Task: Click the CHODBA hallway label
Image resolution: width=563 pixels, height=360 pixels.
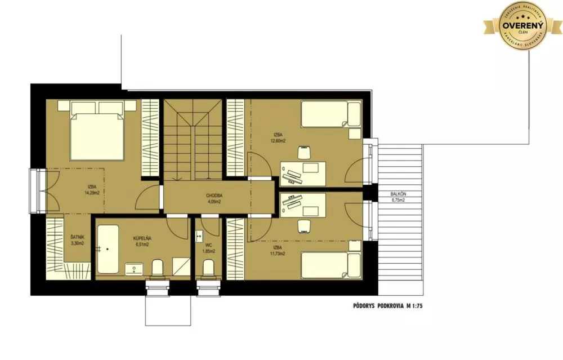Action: [215, 196]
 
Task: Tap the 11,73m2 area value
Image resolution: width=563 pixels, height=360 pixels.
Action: [277, 254]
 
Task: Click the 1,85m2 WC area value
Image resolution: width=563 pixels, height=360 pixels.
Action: [209, 251]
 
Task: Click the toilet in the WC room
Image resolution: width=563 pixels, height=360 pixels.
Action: [208, 268]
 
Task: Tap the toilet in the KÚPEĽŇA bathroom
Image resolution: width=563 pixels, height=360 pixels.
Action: [158, 267]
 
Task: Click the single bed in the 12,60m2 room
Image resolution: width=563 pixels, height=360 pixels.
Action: [330, 114]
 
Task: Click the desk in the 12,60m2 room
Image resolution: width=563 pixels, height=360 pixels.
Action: [303, 173]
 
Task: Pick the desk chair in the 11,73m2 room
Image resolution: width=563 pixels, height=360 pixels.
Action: [305, 225]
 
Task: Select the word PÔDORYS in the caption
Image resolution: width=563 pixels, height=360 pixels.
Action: [361, 308]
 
